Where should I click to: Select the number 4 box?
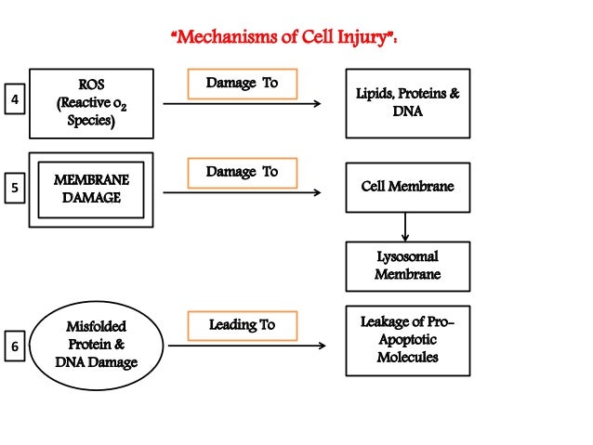tap(14, 99)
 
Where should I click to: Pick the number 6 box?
tap(14, 347)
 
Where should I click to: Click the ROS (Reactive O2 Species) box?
tap(91, 103)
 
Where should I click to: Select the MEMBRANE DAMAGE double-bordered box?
tap(91, 189)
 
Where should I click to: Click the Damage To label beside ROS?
tap(242, 84)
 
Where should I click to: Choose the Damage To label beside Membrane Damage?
tap(242, 173)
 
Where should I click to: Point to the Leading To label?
tap(242, 325)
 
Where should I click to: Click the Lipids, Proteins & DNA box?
tap(407, 103)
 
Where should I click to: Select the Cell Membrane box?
tap(407, 188)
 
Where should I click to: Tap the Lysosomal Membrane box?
tap(407, 266)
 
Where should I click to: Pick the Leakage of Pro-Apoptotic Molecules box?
tap(407, 340)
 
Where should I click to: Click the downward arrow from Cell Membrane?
tap(405, 227)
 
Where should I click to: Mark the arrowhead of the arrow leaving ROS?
tap(317, 104)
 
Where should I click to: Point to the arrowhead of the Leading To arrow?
tap(322, 346)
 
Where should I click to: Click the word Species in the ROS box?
tap(91, 121)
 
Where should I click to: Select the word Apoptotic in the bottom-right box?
tap(407, 340)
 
